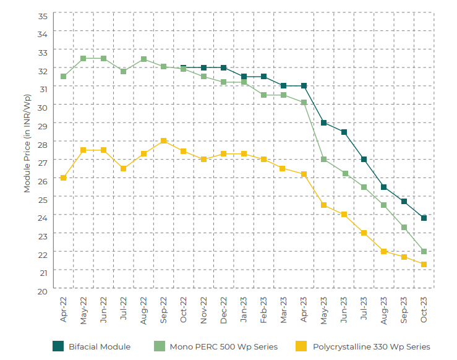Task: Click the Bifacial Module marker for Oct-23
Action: click(424, 218)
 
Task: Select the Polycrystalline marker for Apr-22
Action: click(63, 178)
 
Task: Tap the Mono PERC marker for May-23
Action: click(323, 160)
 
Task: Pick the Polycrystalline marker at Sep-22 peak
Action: click(163, 141)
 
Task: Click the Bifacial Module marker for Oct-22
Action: click(184, 67)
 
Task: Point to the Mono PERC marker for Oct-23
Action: click(424, 251)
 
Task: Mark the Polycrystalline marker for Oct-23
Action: click(424, 264)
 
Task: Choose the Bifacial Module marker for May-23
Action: click(323, 122)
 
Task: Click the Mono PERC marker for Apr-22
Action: click(63, 77)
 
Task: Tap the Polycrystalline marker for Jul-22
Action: click(123, 168)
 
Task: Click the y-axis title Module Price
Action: click(27, 144)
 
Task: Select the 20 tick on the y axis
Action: click(43, 291)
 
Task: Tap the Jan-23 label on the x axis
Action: click(244, 309)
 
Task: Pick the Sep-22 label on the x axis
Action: click(163, 309)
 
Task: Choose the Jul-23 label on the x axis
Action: click(364, 309)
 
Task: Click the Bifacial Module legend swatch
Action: click(58, 346)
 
